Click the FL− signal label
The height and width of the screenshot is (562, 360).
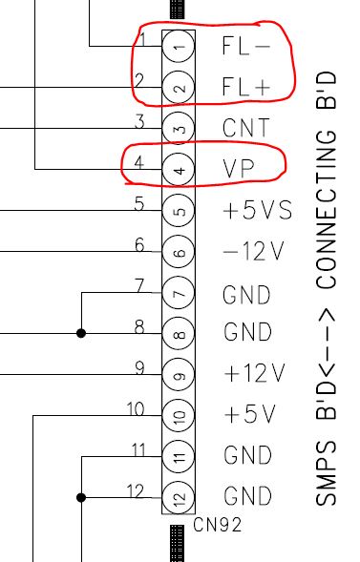click(246, 45)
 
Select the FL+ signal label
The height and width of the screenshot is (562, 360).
click(246, 87)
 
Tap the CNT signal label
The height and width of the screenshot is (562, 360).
click(246, 128)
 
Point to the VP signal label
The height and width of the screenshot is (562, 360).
click(238, 169)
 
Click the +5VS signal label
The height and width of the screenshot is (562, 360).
click(255, 211)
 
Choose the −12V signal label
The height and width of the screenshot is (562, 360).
click(253, 252)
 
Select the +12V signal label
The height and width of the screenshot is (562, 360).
click(254, 373)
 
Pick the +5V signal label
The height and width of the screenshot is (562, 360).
click(248, 415)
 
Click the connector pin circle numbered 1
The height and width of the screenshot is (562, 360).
click(179, 45)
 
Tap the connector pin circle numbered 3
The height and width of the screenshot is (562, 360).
click(179, 128)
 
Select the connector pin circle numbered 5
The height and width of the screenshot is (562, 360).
click(179, 211)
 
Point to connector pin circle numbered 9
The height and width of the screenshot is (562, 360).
click(179, 375)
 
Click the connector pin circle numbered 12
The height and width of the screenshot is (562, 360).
click(179, 497)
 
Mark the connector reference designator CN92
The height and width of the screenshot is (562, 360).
click(218, 524)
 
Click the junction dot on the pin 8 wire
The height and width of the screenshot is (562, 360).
click(81, 333)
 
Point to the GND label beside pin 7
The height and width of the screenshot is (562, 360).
click(247, 293)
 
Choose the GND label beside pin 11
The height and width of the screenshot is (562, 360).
click(247, 456)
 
